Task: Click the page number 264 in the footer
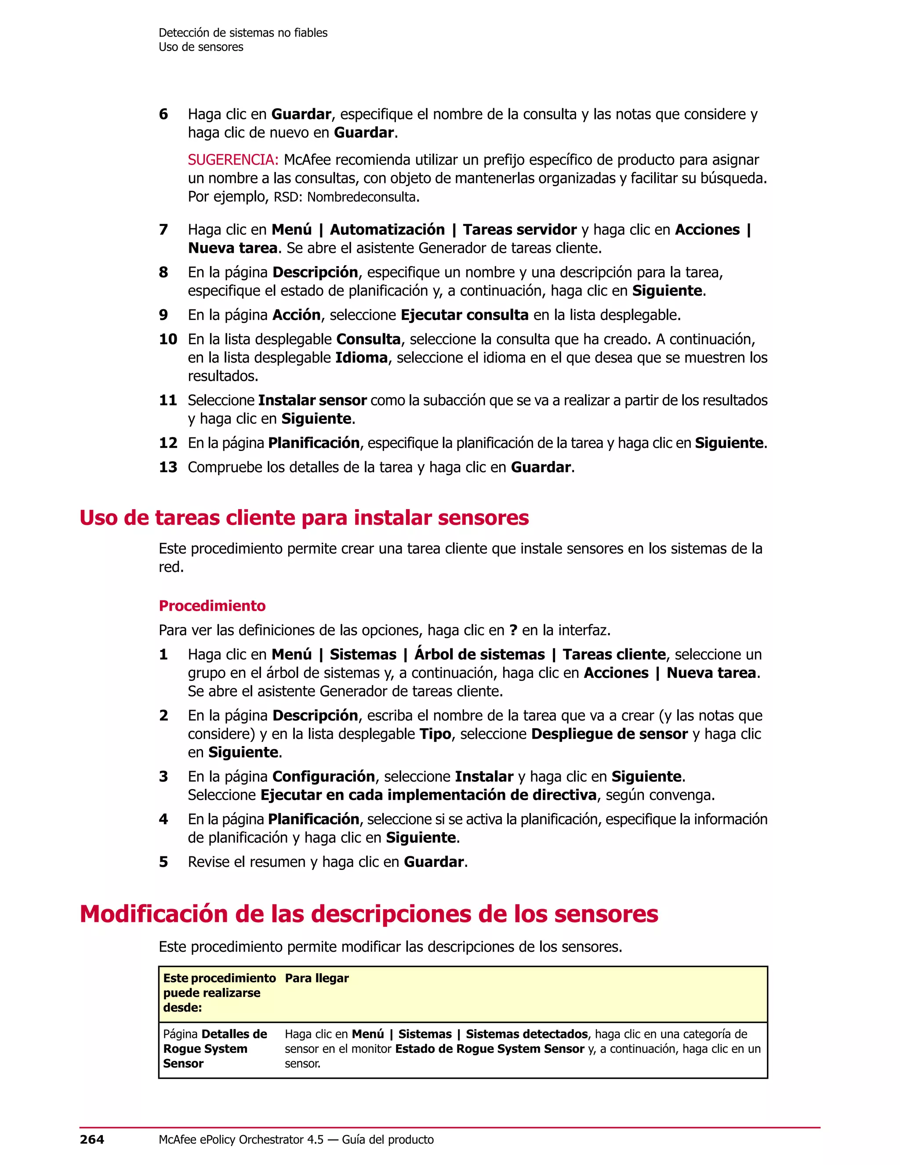tap(92, 1140)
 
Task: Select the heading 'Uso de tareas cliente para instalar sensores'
tap(304, 517)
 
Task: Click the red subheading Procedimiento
tap(212, 605)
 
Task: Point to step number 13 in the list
tap(168, 467)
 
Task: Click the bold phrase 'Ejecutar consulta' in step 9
tap(465, 315)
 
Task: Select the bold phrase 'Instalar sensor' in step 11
tap(312, 400)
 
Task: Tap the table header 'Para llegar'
tap(317, 978)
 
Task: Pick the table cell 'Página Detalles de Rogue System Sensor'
tap(215, 1048)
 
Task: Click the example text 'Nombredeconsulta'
tap(361, 197)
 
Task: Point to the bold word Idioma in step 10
tap(361, 357)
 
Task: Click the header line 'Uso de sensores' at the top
tap(201, 47)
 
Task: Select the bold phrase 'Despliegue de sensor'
tap(609, 734)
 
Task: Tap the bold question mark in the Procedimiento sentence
tap(513, 630)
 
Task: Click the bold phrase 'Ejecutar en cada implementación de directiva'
tap(428, 795)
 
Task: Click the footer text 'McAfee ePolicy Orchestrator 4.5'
tap(241, 1140)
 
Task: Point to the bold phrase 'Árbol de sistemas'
tap(479, 655)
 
